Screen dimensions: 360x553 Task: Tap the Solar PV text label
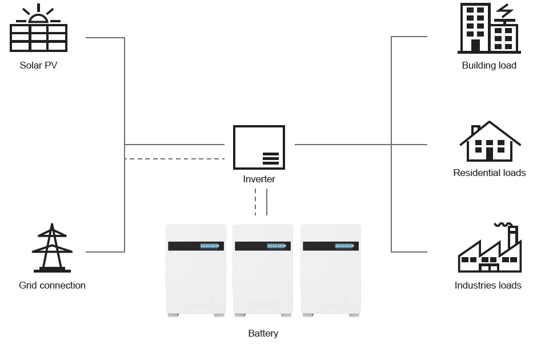pos(38,65)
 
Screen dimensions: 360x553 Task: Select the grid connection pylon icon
pos(52,248)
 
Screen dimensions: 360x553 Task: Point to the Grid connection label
pos(52,285)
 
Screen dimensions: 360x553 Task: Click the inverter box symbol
pos(259,147)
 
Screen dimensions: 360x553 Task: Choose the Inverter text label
pos(259,179)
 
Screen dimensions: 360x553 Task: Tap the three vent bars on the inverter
pos(271,158)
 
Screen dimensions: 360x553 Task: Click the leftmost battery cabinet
pos(195,269)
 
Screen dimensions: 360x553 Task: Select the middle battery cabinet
pos(263,269)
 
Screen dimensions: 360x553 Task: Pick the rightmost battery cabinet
pos(331,269)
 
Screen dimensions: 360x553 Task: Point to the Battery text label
pos(263,333)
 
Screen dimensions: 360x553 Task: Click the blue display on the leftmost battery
pos(209,246)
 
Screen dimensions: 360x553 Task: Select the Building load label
pos(489,65)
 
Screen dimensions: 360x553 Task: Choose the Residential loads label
pos(489,173)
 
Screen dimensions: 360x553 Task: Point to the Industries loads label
pos(488,285)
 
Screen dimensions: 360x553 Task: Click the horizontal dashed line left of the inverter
pos(174,158)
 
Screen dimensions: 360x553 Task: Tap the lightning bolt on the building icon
pos(504,13)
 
